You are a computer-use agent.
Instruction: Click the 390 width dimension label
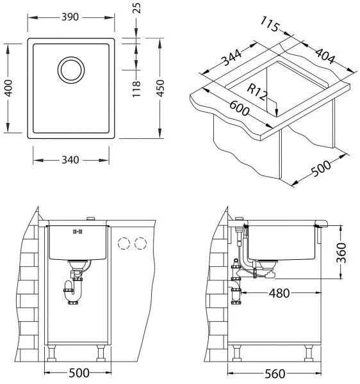(70, 17)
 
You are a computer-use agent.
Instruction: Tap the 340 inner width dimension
(70, 160)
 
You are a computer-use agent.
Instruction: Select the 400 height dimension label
(9, 88)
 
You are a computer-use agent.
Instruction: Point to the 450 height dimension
(160, 88)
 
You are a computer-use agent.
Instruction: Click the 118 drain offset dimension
(136, 89)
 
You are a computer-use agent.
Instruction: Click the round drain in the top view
(71, 70)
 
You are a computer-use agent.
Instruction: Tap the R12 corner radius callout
(257, 92)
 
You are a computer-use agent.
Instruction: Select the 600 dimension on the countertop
(240, 109)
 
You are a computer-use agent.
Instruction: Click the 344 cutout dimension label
(232, 58)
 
